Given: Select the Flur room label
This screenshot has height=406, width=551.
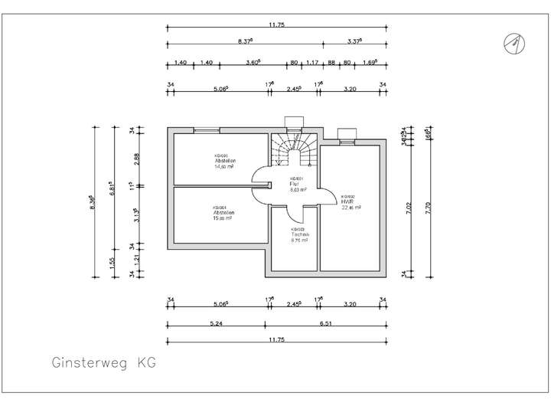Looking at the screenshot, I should [294, 185].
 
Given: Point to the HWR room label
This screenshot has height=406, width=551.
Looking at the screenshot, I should [346, 201].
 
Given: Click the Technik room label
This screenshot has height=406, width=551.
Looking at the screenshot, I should [298, 234].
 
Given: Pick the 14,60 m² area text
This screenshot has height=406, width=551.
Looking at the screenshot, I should [224, 165].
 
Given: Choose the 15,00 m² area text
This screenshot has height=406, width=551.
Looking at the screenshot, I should [223, 218].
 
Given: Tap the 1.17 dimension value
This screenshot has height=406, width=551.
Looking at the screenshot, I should [312, 64].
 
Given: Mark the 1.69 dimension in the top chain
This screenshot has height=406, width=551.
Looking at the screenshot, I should [369, 64].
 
